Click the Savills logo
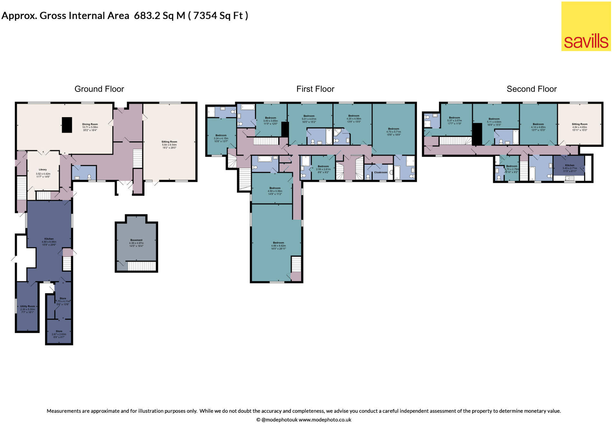click(586, 26)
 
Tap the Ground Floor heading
click(99, 89)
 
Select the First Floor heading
click(315, 89)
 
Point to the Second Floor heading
click(531, 89)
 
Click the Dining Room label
click(90, 124)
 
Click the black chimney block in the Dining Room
click(67, 125)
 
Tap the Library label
click(43, 170)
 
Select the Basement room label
click(136, 240)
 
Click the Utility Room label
click(27, 307)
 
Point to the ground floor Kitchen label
click(49, 239)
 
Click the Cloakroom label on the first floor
click(381, 173)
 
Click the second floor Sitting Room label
click(579, 124)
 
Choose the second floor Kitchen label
click(569, 165)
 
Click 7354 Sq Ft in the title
click(218, 15)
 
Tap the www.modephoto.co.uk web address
click(325, 420)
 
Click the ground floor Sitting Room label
click(169, 142)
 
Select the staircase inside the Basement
click(142, 266)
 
